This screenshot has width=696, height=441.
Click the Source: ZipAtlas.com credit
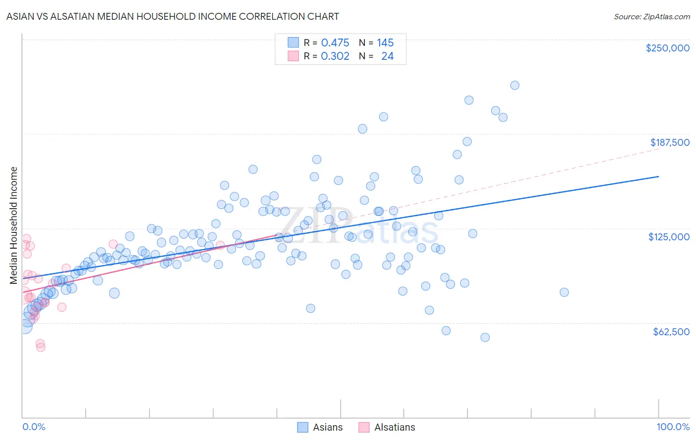[x=651, y=16]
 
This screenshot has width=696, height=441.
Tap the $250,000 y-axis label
[x=667, y=48]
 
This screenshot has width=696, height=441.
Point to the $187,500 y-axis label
[x=670, y=142]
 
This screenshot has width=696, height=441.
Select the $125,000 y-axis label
[x=669, y=237]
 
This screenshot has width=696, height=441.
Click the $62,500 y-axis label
[x=671, y=332]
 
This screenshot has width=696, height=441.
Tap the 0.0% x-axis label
[x=34, y=427]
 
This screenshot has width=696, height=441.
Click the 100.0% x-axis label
[x=673, y=427]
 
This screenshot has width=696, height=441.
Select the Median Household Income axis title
[x=13, y=225]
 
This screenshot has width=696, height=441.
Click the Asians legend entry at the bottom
[x=327, y=427]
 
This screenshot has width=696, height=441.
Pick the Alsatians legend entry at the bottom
[x=394, y=427]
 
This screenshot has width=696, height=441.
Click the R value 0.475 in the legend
[x=335, y=43]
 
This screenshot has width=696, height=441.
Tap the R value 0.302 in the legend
[x=335, y=56]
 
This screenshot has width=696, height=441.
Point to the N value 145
[x=385, y=43]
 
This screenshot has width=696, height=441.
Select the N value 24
[x=387, y=56]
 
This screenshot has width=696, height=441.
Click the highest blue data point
[x=514, y=85]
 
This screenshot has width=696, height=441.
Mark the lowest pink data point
[x=41, y=347]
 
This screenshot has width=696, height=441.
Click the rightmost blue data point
[x=564, y=292]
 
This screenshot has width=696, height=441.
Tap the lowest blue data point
[x=485, y=337]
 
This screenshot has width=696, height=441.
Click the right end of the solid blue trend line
[x=658, y=176]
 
